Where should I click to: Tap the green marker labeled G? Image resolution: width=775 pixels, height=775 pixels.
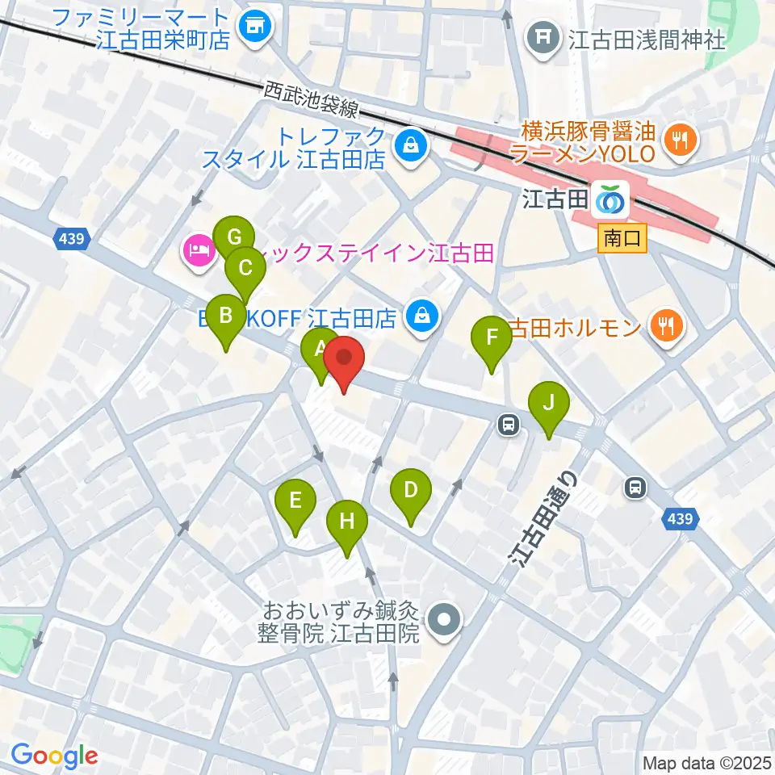(x=234, y=238)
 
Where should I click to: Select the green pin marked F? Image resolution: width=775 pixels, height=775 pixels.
(x=491, y=338)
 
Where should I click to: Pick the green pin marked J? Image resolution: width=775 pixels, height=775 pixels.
(x=548, y=403)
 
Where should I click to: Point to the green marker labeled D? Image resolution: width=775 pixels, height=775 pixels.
(x=410, y=491)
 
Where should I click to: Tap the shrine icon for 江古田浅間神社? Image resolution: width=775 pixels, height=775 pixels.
(x=545, y=36)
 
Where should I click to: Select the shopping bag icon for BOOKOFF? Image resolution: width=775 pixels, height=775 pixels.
(x=422, y=317)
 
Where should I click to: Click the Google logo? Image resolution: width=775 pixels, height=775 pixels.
(x=54, y=755)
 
